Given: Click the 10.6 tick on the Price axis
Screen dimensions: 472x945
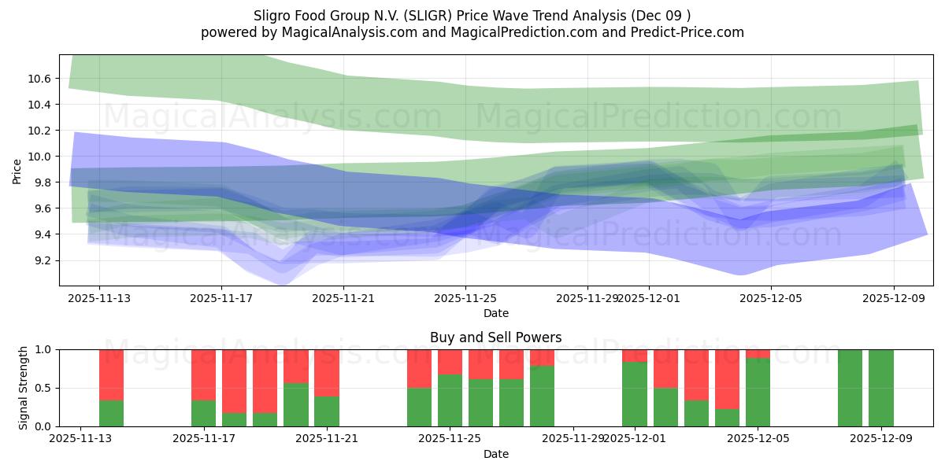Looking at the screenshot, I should (x=40, y=79).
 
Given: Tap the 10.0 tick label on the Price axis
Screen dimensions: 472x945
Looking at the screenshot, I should (x=40, y=157).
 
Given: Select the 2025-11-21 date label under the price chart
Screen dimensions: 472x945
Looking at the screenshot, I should (x=343, y=298).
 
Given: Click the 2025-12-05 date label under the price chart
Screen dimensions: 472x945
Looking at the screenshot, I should (x=771, y=298).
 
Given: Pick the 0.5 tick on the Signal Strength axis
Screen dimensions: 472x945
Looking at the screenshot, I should (x=44, y=388).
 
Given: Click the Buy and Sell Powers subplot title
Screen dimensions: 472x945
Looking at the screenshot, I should (x=495, y=337).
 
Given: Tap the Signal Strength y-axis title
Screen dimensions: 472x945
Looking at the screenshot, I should (x=23, y=388).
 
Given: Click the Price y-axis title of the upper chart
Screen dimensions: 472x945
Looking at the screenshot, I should (x=17, y=169).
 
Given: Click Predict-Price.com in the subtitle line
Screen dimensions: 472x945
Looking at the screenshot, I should (x=693, y=32).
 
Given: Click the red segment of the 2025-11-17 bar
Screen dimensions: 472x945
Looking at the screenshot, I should (x=204, y=374).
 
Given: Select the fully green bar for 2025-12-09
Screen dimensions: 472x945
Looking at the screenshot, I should (x=880, y=388).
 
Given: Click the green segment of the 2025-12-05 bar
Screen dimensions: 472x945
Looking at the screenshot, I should (x=758, y=393).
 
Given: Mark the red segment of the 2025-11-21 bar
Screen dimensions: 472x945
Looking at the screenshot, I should (x=327, y=373).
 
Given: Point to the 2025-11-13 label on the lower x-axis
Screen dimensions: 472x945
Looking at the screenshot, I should (x=81, y=438).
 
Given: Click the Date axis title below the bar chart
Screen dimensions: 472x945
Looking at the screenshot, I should (x=495, y=454).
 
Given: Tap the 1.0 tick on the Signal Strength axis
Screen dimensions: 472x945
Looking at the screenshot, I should (x=44, y=349).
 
